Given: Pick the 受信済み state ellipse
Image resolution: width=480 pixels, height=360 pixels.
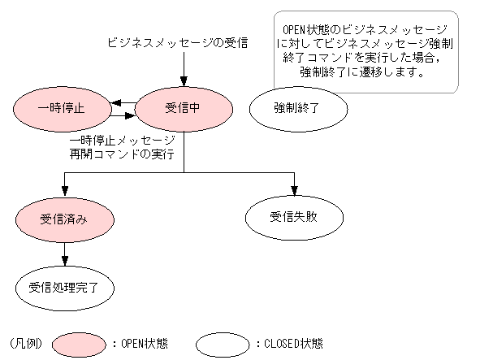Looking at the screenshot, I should pyautogui.click(x=63, y=219).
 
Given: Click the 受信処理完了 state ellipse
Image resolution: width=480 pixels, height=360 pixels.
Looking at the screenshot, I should pyautogui.click(x=63, y=286).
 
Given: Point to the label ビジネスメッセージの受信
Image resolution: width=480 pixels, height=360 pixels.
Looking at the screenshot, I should pyautogui.click(x=178, y=41).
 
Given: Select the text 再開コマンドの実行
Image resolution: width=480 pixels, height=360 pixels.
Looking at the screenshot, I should pyautogui.click(x=123, y=154).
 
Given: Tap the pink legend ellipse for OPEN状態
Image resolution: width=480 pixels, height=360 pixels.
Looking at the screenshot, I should pyautogui.click(x=79, y=343).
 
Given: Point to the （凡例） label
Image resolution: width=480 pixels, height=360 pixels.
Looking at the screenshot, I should pyautogui.click(x=26, y=343).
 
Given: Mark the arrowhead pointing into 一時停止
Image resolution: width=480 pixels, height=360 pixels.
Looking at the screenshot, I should pyautogui.click(x=117, y=103).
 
